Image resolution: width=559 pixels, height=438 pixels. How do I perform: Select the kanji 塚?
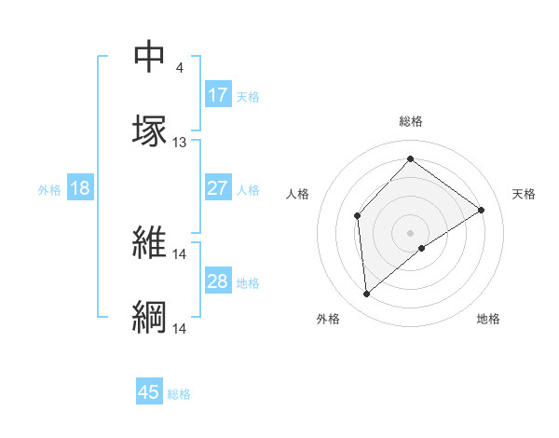[149, 130]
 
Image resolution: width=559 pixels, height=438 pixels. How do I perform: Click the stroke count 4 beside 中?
[179, 68]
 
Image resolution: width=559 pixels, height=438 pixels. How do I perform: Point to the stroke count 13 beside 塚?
[180, 143]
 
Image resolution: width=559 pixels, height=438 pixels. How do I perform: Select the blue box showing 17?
[218, 95]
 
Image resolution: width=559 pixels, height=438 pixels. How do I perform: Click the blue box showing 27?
[218, 188]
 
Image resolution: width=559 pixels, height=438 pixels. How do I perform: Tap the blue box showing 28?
[218, 281]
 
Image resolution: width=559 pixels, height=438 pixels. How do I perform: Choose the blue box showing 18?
[80, 188]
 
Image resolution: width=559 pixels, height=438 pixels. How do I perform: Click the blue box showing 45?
[149, 392]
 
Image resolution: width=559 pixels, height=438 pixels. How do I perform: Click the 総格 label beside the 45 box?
[179, 394]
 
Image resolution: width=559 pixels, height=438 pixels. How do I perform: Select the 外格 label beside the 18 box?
[49, 189]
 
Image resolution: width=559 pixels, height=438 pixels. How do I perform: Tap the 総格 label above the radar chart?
[411, 121]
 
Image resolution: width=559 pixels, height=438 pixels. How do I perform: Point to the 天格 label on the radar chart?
[525, 194]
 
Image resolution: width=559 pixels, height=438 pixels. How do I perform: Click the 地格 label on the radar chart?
[488, 319]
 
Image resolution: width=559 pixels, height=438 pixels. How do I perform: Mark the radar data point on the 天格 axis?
[482, 210]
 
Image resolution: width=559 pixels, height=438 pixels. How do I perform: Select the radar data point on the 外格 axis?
[367, 294]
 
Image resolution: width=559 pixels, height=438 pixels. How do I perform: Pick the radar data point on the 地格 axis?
[422, 248]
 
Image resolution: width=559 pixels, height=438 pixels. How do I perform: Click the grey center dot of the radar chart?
[411, 232]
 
